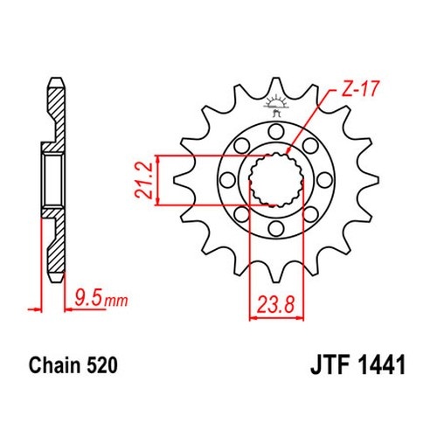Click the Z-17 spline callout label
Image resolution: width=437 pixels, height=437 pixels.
[x=360, y=89]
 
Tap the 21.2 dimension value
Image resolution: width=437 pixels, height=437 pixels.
[x=143, y=181]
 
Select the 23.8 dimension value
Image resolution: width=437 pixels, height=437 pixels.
[x=276, y=305]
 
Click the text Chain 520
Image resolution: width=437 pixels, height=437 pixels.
[x=73, y=365]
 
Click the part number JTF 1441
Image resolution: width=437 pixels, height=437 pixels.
[x=358, y=365]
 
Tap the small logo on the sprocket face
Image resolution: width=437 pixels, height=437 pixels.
[x=275, y=107]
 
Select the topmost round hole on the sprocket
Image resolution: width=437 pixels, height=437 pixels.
[x=276, y=131]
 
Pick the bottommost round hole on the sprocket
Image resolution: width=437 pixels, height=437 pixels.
[x=276, y=228]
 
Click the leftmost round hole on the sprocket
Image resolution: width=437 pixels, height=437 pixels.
[x=227, y=180]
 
